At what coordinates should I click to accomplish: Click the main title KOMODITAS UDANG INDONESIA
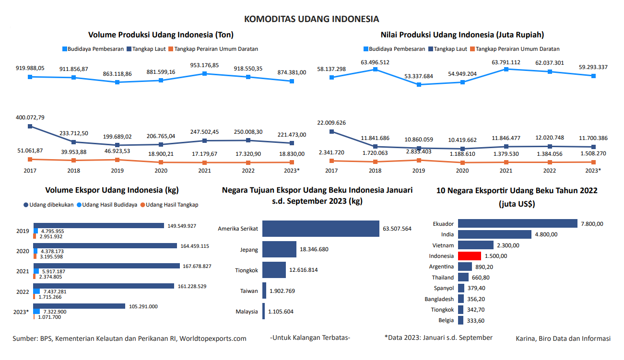[312, 19]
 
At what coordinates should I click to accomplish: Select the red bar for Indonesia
[469, 256]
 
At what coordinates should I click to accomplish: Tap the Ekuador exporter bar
[518, 223]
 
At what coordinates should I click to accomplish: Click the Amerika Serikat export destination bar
[321, 229]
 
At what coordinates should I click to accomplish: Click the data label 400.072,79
[30, 117]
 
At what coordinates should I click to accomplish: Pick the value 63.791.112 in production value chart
[506, 62]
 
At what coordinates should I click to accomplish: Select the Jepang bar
[279, 249]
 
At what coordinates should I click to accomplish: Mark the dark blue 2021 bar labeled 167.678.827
[106, 266]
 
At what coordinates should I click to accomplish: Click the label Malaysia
[247, 312]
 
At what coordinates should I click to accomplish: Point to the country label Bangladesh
[439, 299]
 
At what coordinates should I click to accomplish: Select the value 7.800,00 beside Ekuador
[592, 224]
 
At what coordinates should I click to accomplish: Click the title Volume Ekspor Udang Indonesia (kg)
[112, 190]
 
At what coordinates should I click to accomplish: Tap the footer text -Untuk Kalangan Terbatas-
[310, 337]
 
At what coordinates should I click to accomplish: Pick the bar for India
[494, 234]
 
